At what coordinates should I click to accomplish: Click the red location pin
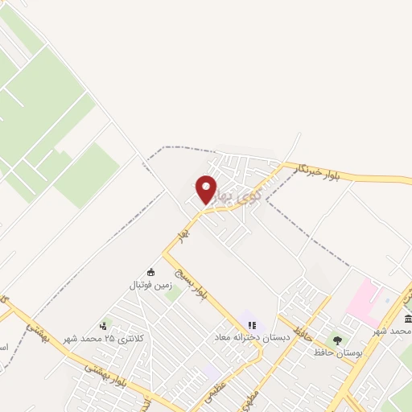[207, 188]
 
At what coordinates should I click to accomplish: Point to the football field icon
[150, 272]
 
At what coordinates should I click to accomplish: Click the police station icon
[103, 326]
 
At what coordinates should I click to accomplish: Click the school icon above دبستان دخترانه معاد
[252, 325]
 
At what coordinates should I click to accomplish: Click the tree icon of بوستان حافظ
[336, 340]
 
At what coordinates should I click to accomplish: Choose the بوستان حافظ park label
[341, 353]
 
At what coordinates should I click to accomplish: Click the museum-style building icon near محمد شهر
[409, 319]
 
